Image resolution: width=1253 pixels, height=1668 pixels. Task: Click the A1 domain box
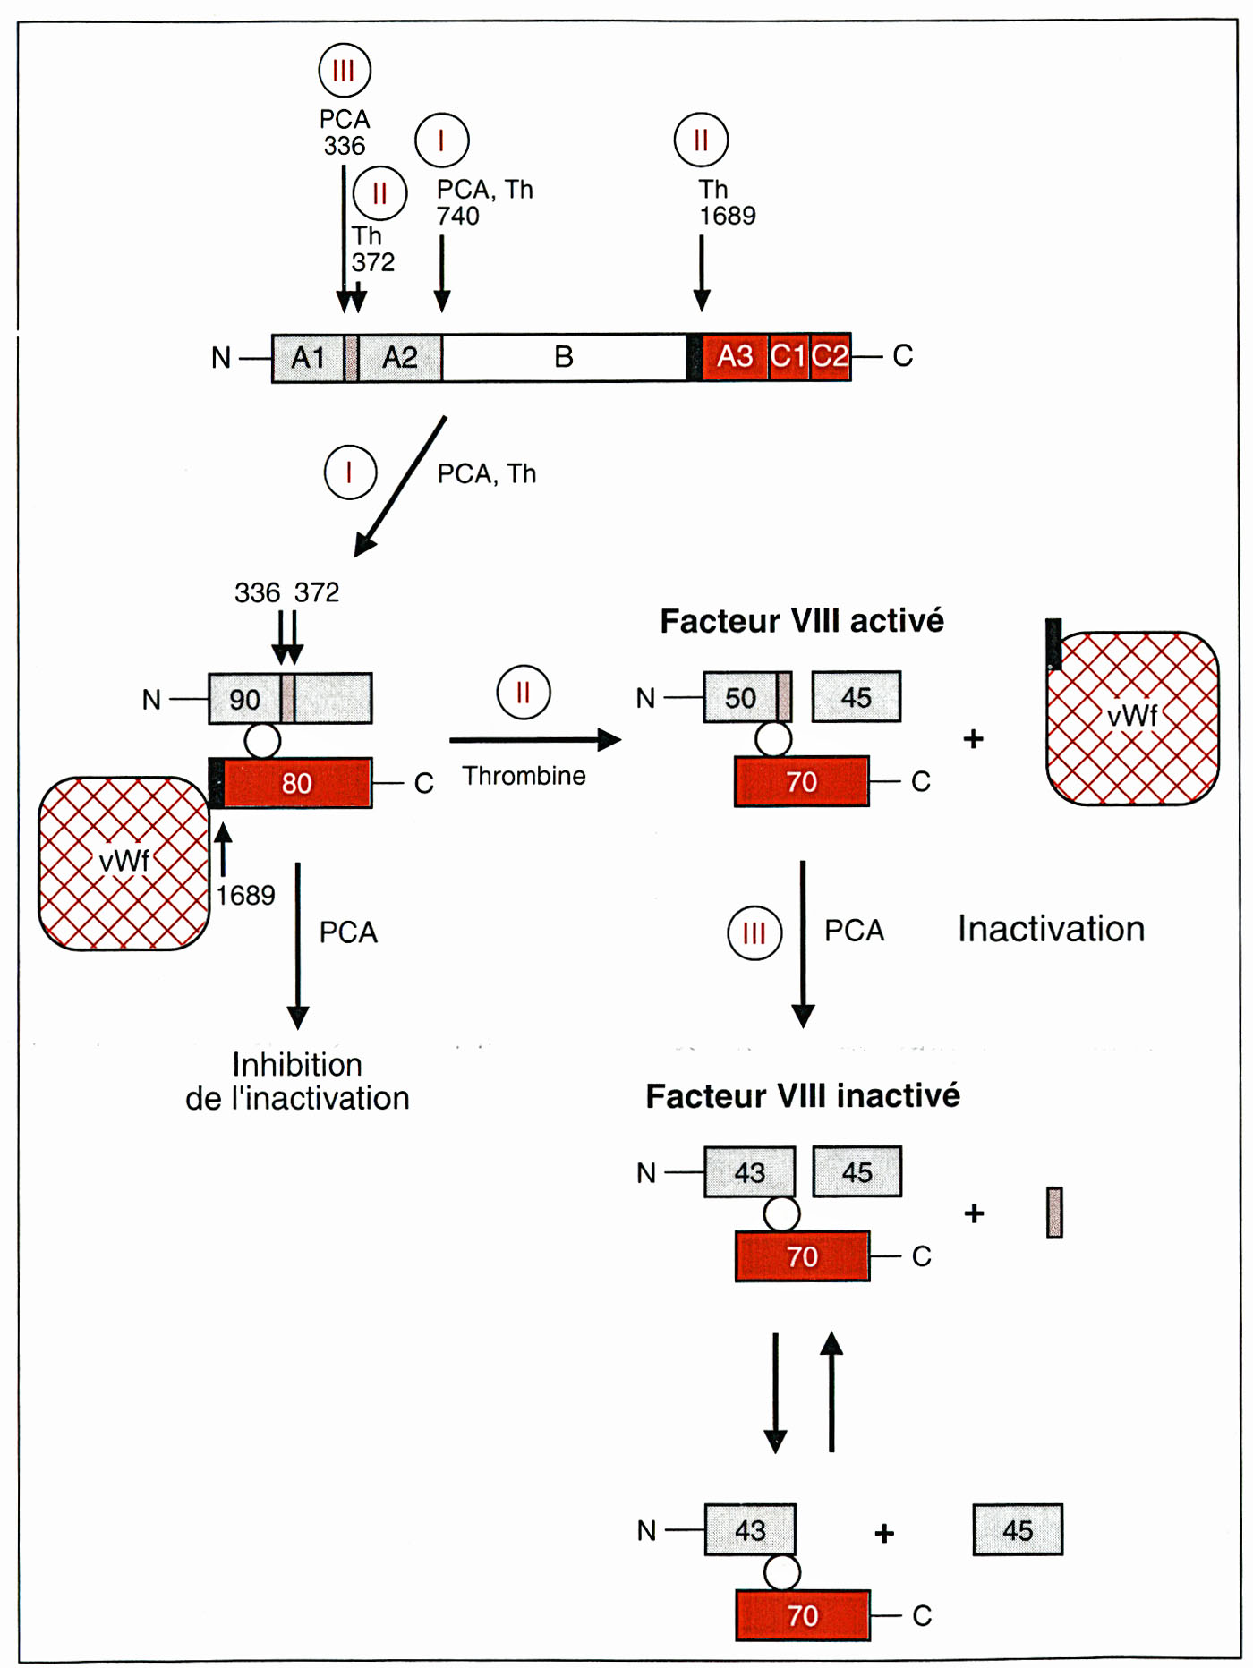308,358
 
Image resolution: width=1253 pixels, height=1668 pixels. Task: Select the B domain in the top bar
564,357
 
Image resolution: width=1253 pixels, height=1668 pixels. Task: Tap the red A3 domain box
735,356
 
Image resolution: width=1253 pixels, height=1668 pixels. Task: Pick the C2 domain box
831,356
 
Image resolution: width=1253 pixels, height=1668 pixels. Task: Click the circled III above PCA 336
345,70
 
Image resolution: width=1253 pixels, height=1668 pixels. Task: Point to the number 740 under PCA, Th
458,216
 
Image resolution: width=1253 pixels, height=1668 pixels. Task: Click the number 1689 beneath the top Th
728,216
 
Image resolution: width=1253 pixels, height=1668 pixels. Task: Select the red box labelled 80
296,783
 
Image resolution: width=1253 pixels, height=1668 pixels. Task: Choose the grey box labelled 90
244,698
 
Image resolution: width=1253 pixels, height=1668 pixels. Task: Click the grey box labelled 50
740,697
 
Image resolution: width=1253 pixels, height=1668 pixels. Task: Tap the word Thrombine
524,776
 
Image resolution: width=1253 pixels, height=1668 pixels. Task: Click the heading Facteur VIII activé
802,621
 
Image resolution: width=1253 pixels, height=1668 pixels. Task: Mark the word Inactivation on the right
1052,929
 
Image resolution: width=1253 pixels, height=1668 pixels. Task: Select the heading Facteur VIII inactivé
803,1096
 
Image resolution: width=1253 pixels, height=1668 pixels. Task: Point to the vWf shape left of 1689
124,863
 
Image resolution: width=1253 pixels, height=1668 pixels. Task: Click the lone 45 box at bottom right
1018,1530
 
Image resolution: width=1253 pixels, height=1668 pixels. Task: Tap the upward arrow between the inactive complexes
831,1391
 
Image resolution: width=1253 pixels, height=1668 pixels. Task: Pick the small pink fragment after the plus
1054,1213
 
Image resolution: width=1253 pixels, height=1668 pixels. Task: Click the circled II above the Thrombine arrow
524,693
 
